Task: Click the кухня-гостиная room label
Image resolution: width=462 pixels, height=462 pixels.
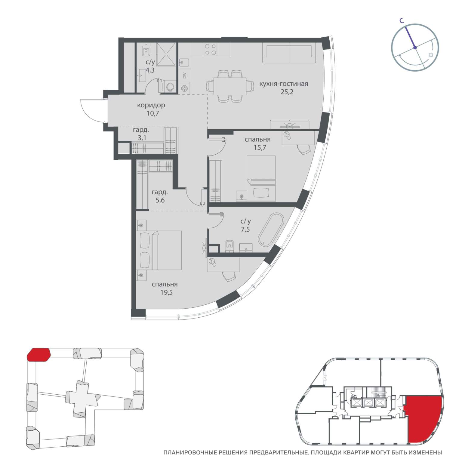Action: coord(283,84)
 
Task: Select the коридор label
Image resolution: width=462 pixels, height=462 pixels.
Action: coord(151,106)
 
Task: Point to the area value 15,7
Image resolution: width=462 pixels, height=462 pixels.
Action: coord(260,148)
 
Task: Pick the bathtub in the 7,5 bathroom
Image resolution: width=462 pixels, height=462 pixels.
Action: coord(271,229)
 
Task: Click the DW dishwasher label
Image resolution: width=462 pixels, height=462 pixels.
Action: coord(184,75)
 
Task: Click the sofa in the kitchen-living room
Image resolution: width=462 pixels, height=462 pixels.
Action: coord(289,53)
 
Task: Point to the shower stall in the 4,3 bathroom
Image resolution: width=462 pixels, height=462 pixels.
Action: coord(166,54)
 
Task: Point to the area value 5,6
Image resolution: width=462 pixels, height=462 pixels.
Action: coord(160,200)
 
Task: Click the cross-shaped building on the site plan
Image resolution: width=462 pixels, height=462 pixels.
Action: coord(82,399)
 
